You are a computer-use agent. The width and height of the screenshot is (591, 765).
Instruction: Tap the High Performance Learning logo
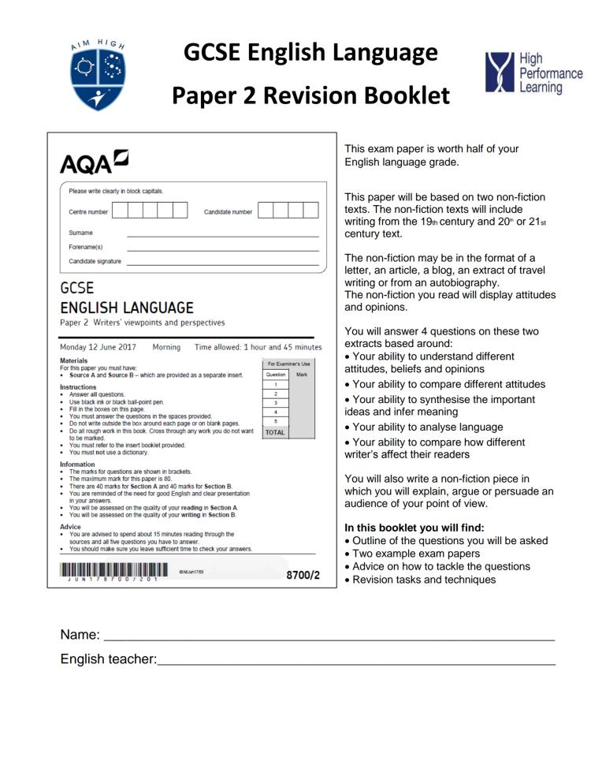coord(523,73)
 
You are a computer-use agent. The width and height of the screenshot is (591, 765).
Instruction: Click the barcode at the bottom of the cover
coord(113,570)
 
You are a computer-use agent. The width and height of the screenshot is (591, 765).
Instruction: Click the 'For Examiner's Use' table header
coord(285,364)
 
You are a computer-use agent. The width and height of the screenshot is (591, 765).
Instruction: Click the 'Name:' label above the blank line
coord(80,635)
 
